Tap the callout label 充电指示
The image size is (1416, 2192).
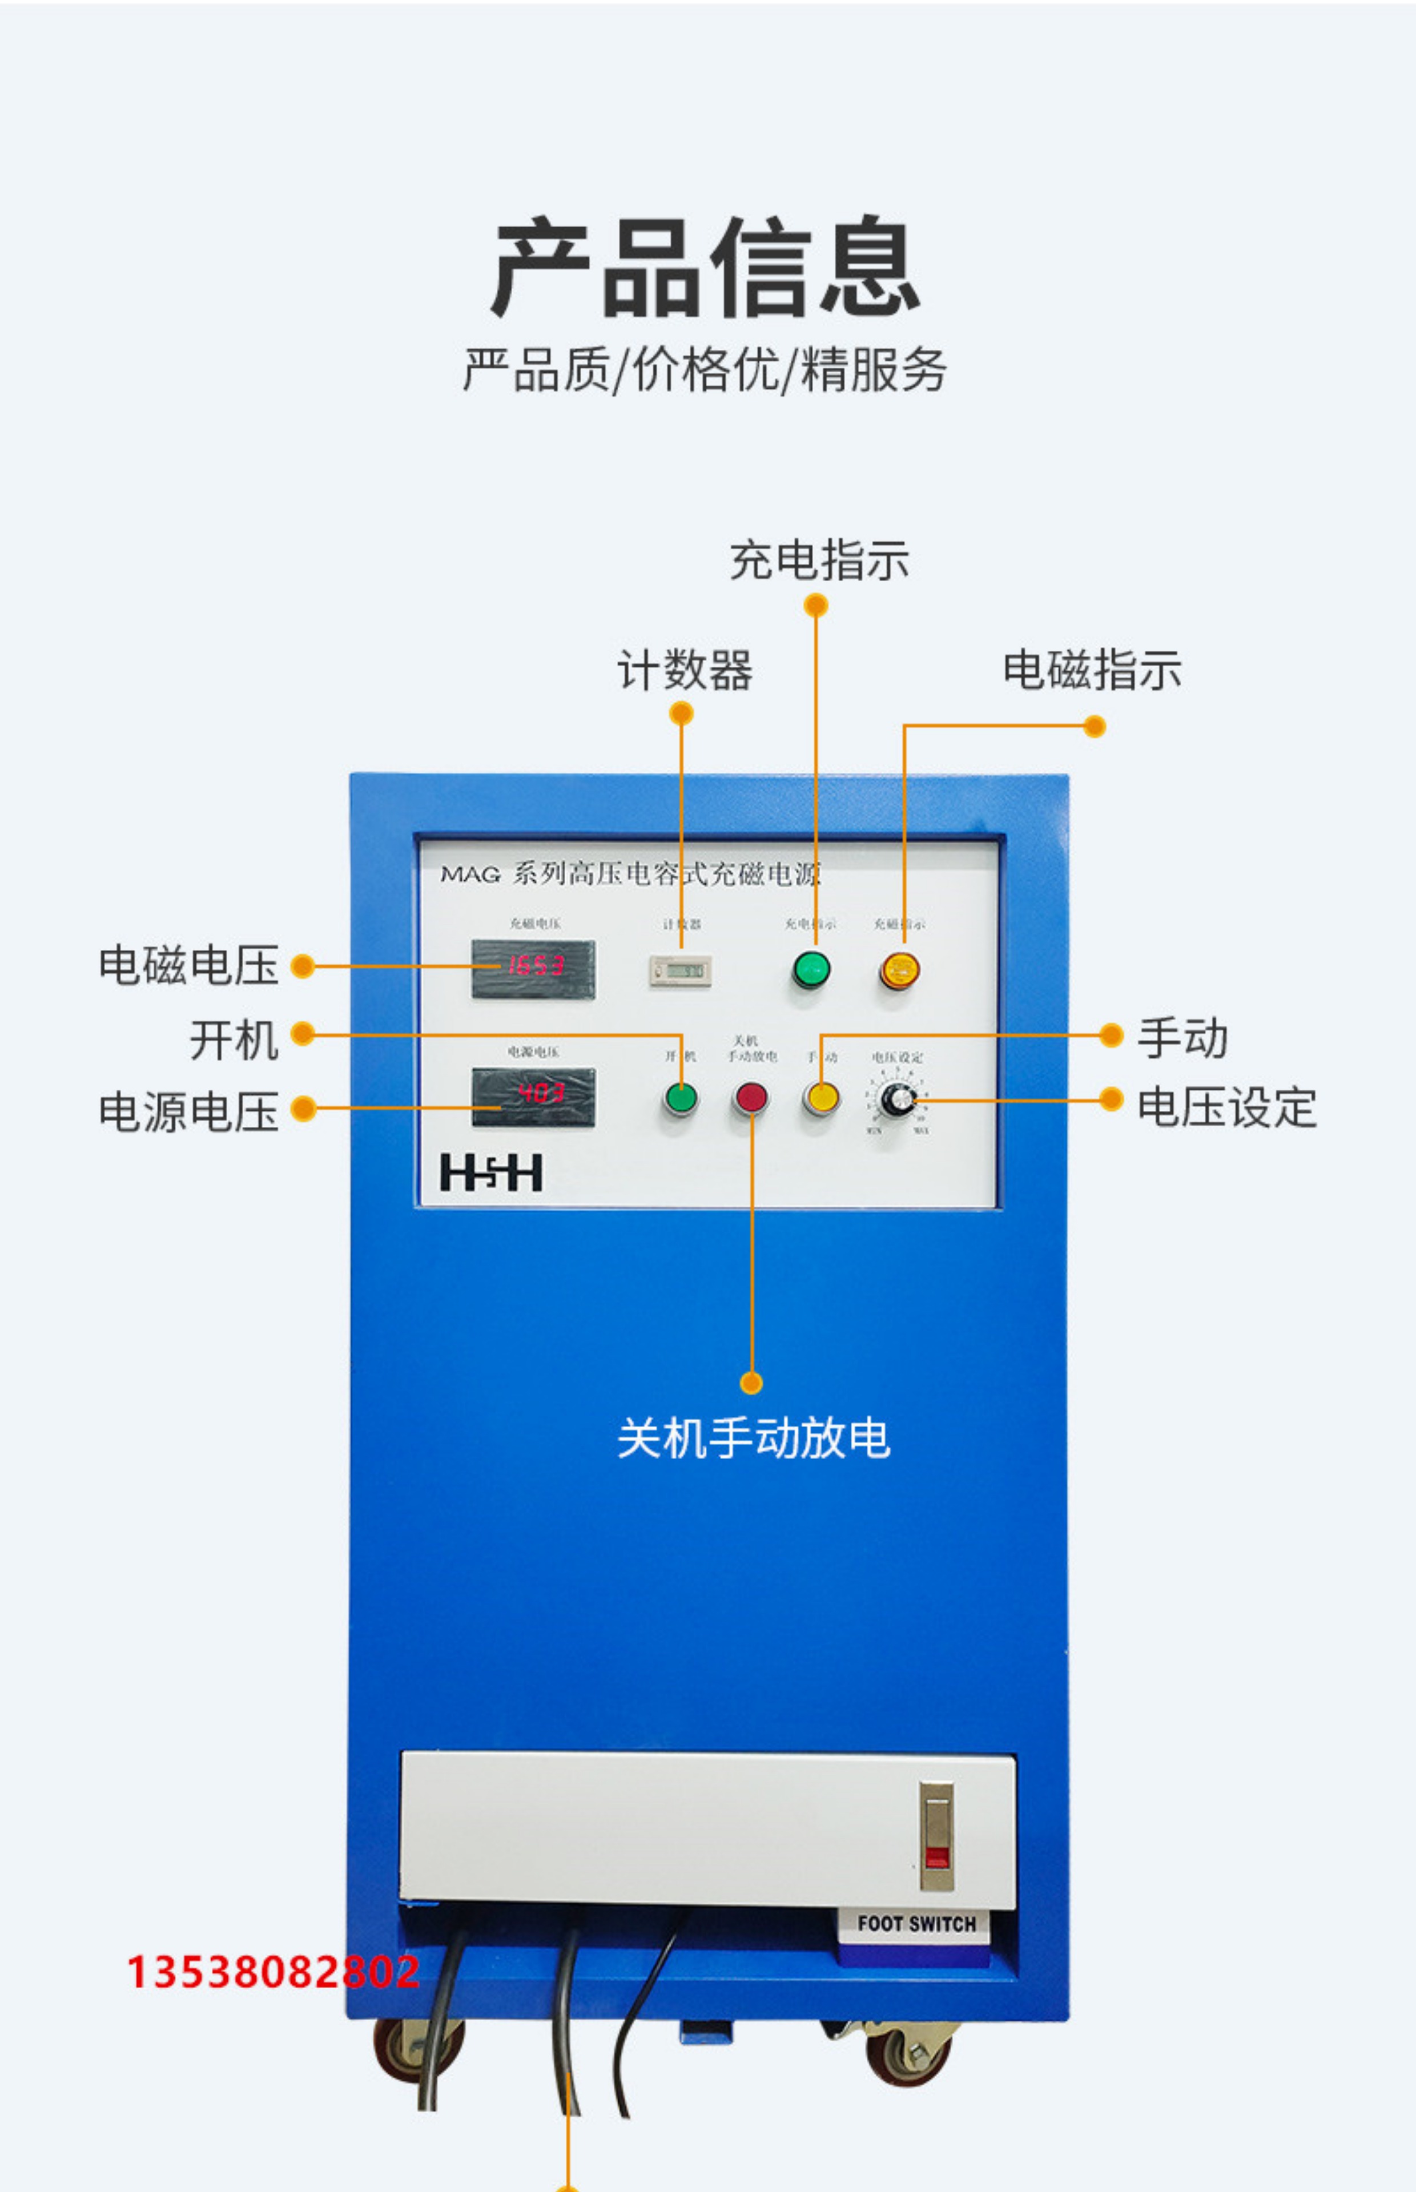coord(818,560)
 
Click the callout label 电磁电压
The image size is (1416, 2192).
coord(188,965)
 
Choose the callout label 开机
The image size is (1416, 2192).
coord(234,1039)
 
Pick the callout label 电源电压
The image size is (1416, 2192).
coord(188,1110)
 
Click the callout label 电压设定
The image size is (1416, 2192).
coord(1226,1107)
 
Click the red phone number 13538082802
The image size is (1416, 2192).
coord(273,1972)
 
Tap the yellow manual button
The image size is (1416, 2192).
coord(821,1097)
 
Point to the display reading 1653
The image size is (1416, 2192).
coord(533,968)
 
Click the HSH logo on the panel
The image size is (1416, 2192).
coord(491,1172)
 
